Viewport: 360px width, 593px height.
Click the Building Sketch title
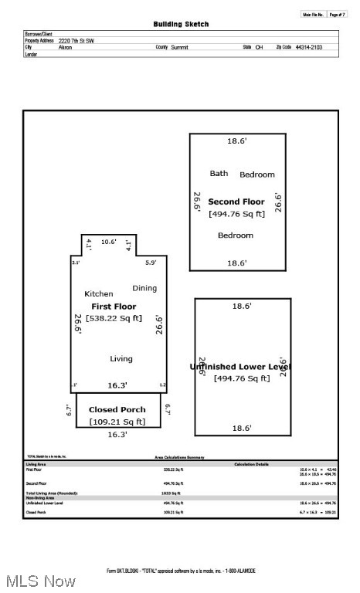click(x=181, y=24)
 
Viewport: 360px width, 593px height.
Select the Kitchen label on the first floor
click(x=98, y=293)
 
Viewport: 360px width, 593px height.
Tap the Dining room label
click(x=144, y=288)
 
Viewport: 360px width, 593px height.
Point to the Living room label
click(x=121, y=358)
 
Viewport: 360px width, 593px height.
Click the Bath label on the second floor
click(x=219, y=174)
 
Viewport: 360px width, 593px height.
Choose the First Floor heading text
click(x=114, y=307)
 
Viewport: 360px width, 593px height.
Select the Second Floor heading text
click(x=236, y=202)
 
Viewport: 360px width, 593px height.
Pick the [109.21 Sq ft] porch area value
click(x=117, y=422)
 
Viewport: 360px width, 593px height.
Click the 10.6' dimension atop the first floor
click(x=108, y=242)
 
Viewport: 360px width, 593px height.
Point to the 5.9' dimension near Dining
click(x=151, y=263)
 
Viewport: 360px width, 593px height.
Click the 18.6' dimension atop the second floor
click(x=236, y=141)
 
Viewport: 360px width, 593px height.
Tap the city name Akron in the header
click(x=66, y=47)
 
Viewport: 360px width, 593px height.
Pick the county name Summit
click(x=179, y=47)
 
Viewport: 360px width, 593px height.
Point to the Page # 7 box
click(x=337, y=14)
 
